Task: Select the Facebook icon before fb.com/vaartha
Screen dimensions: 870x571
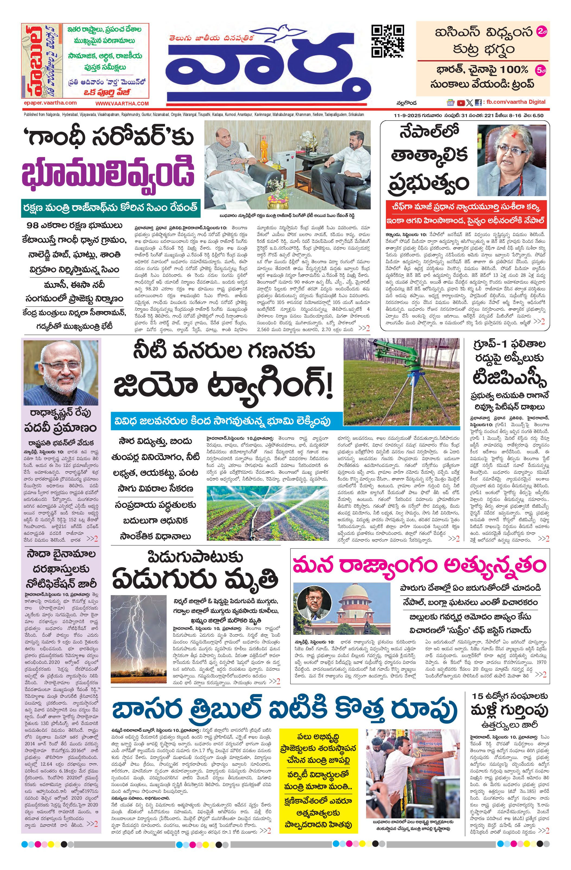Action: [478, 103]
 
